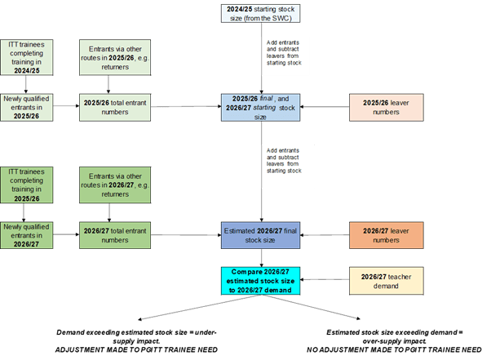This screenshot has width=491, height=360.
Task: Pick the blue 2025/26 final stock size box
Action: pyautogui.click(x=260, y=107)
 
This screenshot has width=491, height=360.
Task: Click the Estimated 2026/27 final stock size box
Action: pyautogui.click(x=260, y=235)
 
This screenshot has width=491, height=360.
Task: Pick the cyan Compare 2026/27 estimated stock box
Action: pyautogui.click(x=260, y=281)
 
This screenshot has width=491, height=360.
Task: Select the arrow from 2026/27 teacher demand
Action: pyautogui.click(x=325, y=280)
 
